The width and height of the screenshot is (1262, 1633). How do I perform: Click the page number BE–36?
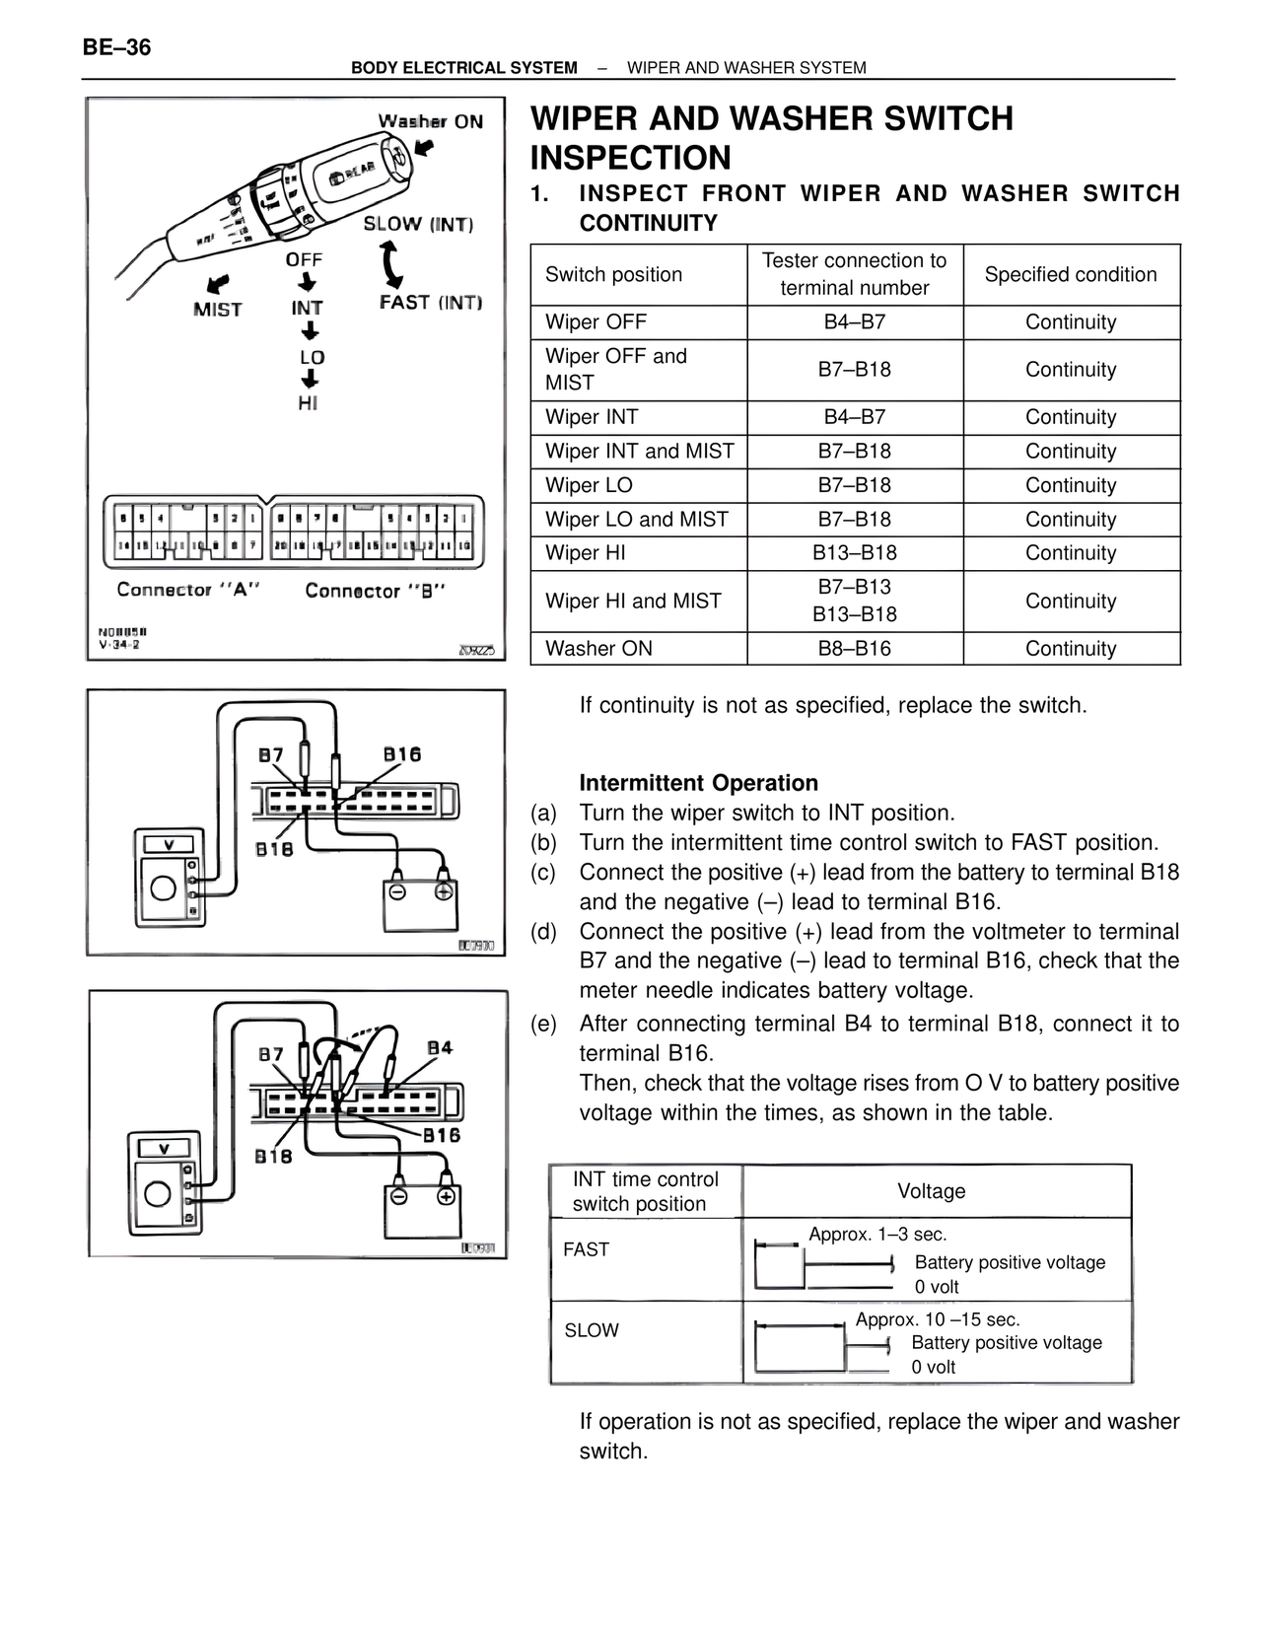tap(117, 47)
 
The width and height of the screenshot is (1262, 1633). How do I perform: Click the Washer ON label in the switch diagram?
tap(431, 121)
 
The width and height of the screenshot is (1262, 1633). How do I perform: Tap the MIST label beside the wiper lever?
tap(218, 309)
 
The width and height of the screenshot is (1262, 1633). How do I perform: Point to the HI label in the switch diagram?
tap(308, 403)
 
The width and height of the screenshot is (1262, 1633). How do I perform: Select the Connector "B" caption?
tap(376, 591)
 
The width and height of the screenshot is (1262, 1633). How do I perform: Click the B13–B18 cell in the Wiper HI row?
tap(854, 553)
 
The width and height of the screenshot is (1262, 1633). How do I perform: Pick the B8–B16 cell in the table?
tap(854, 649)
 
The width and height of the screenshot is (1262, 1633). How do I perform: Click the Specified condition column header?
tap(1071, 275)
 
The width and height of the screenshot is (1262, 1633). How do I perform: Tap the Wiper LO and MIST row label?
tap(637, 520)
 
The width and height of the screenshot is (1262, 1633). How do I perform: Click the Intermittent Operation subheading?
tap(698, 783)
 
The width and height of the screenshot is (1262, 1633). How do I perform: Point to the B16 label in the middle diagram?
tap(402, 754)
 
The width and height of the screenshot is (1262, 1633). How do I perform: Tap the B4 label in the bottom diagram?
tap(440, 1047)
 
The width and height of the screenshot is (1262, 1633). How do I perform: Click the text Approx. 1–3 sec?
tap(877, 1235)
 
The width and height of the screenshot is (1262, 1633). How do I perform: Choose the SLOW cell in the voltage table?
tap(592, 1330)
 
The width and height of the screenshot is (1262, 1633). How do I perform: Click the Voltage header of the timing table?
tap(931, 1191)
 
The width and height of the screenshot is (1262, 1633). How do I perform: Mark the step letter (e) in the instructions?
tap(543, 1024)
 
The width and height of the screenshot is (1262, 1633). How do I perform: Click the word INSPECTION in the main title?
tap(631, 158)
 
